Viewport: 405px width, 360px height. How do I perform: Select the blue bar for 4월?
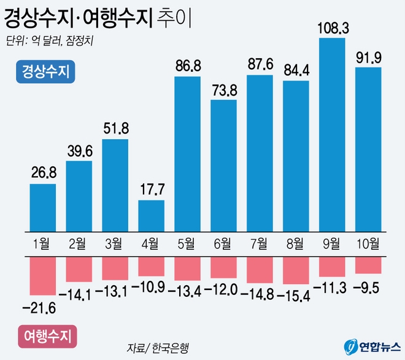tap(151, 215)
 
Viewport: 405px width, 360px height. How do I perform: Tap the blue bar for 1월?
tap(43, 207)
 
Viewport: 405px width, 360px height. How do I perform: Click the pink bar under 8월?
tap(296, 270)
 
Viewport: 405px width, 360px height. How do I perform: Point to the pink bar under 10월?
tap(368, 265)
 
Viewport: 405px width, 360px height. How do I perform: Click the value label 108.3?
tap(332, 28)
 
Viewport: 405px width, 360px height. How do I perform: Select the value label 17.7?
tap(151, 190)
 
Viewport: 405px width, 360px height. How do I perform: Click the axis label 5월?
tap(187, 244)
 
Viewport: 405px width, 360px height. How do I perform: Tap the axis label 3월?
tap(115, 244)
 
